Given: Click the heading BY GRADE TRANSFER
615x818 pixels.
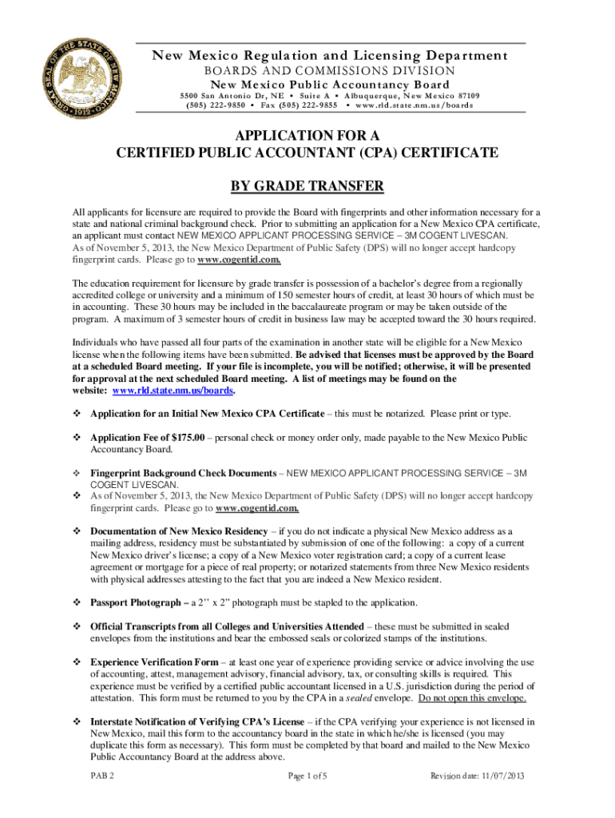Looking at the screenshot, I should pos(307,187).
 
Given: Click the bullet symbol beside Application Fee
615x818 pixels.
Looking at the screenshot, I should pos(77,438).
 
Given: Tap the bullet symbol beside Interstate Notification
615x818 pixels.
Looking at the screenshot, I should pos(77,721).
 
